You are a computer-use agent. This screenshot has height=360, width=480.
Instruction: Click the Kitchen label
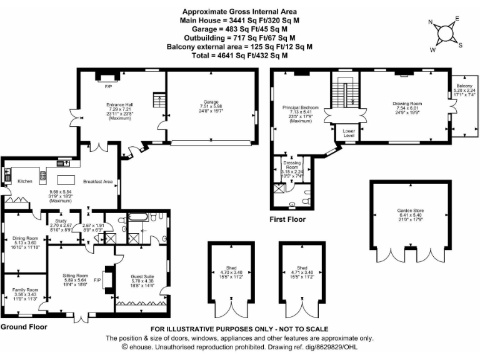(24, 181)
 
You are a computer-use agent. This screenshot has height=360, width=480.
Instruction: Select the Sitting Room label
(75, 276)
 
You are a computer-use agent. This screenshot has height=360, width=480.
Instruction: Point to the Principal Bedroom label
(301, 107)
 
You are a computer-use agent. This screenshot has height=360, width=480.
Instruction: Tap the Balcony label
(464, 86)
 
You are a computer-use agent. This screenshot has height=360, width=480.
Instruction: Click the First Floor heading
(288, 219)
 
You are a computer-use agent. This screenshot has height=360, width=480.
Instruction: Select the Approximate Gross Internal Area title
(240, 11)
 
